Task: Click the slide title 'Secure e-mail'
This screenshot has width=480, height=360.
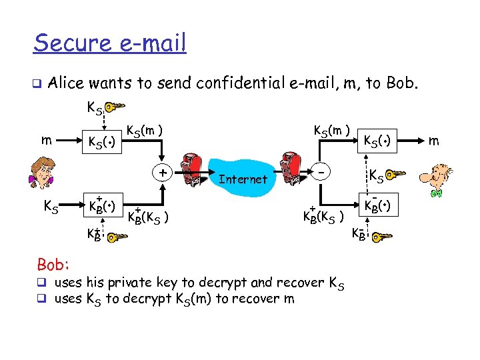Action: pos(110,43)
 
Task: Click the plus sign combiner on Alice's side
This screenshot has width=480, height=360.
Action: pos(162,172)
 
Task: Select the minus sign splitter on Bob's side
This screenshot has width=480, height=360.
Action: pos(322,172)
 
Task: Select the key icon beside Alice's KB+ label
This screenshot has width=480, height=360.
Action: pos(119,236)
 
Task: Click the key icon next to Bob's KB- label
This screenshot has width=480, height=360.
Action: pos(383,236)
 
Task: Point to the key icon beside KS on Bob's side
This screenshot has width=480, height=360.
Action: pos(397,175)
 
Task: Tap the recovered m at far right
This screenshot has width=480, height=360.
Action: pos(434,141)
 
